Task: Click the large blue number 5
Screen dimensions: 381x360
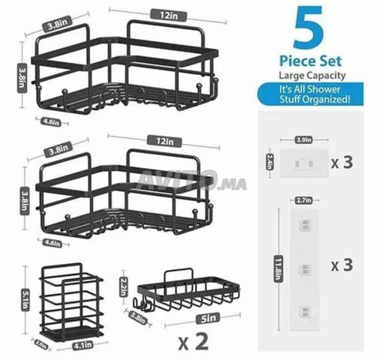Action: [309, 27]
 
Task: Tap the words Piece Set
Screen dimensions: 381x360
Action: [310, 61]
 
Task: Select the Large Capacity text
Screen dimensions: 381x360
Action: [312, 75]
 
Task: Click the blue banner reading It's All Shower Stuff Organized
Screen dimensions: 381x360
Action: [310, 94]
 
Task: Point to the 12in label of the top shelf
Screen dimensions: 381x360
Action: [169, 16]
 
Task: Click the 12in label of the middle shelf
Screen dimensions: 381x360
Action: [165, 142]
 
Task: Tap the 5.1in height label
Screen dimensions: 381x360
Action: [25, 300]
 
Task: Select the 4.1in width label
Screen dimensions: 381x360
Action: [82, 346]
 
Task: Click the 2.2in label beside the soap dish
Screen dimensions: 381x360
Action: [124, 287]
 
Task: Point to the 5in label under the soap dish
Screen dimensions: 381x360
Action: [208, 318]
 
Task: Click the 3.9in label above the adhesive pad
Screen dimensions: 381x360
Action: [304, 139]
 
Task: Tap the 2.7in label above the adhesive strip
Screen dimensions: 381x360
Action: [304, 200]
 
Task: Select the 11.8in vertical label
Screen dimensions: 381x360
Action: [278, 268]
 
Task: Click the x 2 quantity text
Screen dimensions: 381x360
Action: [193, 342]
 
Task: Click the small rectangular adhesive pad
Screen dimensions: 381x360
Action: [304, 163]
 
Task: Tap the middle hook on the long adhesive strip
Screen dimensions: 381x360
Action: [304, 270]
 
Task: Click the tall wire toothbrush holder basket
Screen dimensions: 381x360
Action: [71, 302]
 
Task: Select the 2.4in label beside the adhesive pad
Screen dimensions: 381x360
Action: [269, 162]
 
